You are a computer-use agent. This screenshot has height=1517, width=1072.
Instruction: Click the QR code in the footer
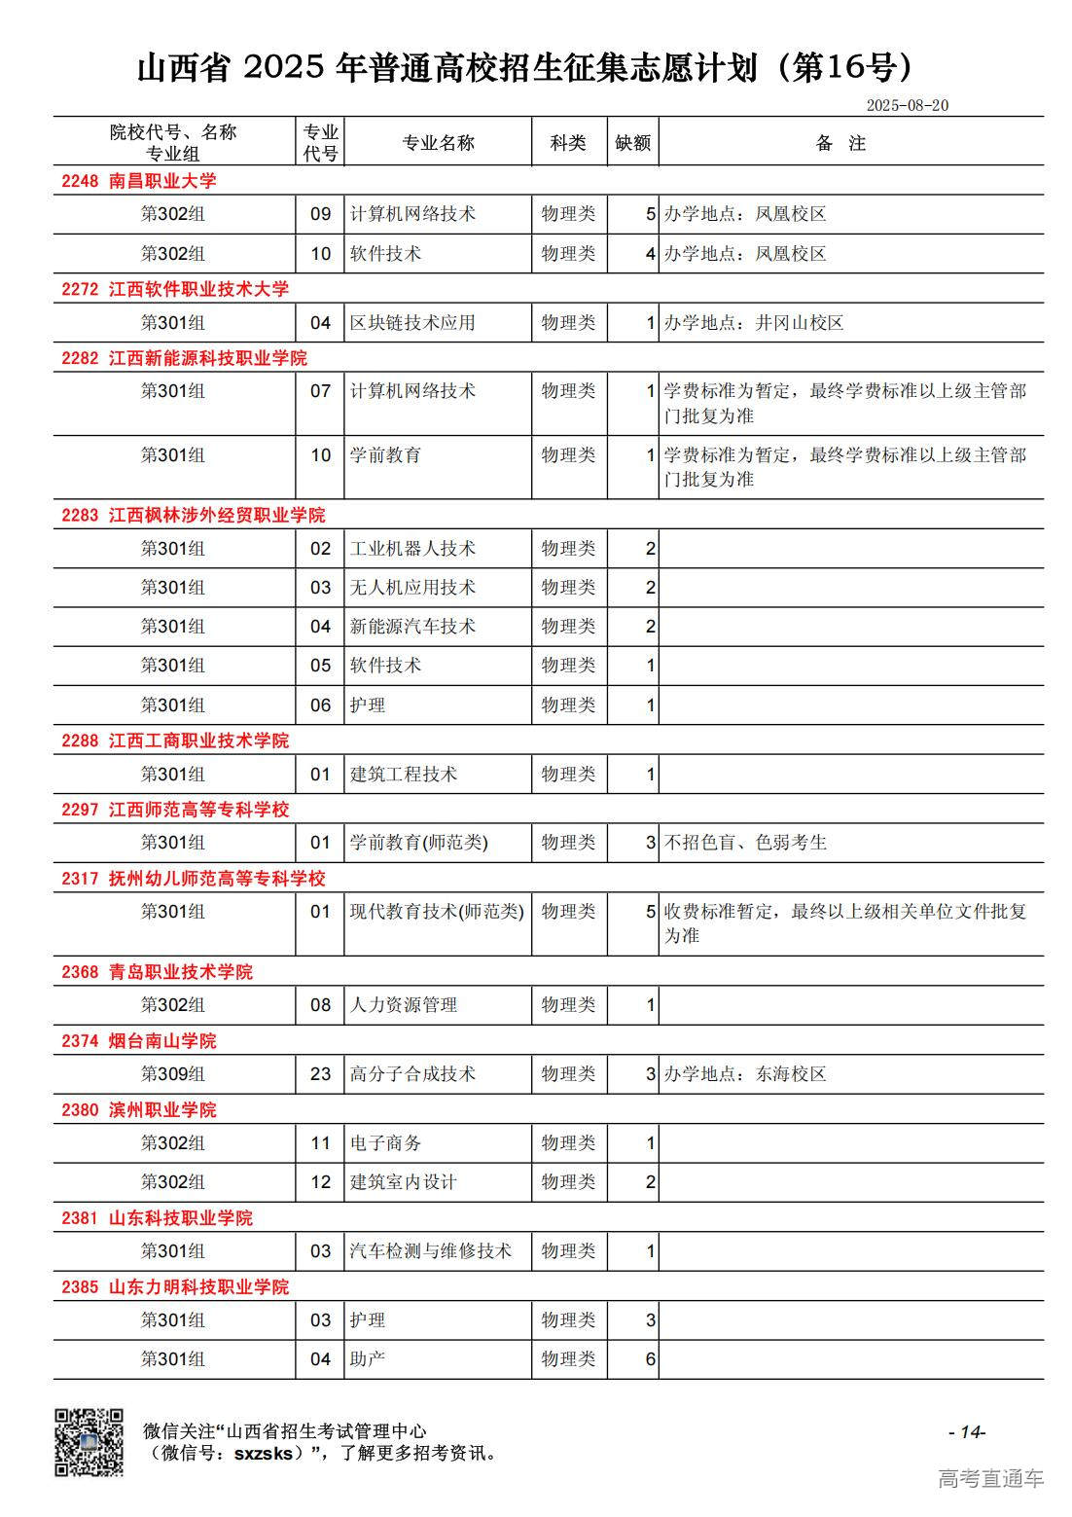89,1442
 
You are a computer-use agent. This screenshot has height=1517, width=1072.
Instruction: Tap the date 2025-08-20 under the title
907,105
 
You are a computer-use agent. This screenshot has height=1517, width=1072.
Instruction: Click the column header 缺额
632,143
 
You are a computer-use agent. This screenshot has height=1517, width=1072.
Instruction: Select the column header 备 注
841,143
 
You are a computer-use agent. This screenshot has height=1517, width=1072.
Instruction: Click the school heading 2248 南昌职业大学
138,181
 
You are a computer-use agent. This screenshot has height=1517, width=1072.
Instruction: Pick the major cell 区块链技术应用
412,323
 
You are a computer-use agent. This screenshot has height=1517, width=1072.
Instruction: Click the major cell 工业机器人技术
412,549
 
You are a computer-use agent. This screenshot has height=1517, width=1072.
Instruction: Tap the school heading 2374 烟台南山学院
138,1041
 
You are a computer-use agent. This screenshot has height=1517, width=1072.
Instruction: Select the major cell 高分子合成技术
412,1074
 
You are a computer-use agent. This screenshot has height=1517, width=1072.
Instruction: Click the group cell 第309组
173,1074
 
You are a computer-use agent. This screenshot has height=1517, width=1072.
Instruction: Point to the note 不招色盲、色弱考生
745,843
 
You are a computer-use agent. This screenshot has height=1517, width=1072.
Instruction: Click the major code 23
321,1074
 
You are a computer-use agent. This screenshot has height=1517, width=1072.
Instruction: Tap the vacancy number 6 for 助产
651,1359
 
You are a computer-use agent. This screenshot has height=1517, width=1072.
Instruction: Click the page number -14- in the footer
967,1431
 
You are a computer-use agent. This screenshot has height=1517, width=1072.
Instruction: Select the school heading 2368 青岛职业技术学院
157,972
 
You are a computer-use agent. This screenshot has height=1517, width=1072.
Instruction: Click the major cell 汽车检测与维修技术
430,1251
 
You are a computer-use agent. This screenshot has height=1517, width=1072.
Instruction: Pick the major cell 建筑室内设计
403,1182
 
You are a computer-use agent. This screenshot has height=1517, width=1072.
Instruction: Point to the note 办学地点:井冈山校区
754,323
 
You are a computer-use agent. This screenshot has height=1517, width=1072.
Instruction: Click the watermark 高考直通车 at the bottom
990,1479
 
